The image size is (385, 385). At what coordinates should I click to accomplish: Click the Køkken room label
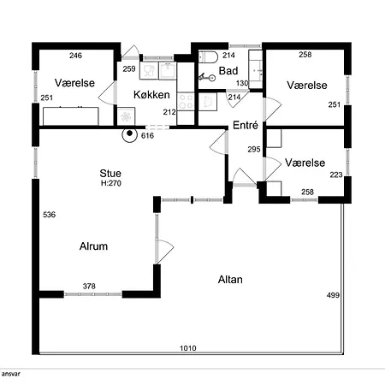tap(151, 95)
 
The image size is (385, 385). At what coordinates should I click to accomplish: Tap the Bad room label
tap(228, 71)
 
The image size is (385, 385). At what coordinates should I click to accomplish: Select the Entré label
tap(246, 125)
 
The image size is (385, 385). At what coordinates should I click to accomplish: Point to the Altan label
tap(230, 280)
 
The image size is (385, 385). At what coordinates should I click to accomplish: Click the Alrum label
tap(93, 246)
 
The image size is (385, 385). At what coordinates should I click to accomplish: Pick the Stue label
tap(110, 174)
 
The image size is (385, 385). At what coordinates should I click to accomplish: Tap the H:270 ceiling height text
tap(111, 183)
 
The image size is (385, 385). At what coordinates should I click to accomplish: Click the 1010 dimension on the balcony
tap(188, 348)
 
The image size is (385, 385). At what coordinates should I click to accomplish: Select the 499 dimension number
tap(333, 295)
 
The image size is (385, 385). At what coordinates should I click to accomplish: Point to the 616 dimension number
tap(147, 136)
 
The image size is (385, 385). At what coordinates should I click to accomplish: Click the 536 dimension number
tap(49, 215)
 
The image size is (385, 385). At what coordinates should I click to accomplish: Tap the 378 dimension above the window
tap(89, 286)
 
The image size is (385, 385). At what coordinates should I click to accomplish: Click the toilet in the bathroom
tap(208, 56)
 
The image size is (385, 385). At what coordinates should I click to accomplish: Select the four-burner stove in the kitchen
tap(186, 102)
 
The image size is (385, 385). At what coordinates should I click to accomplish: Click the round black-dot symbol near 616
tap(130, 133)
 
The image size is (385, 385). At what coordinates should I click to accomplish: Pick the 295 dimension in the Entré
tap(254, 149)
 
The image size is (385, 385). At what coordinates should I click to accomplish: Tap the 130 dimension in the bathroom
tap(242, 83)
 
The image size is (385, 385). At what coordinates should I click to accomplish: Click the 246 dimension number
tap(75, 56)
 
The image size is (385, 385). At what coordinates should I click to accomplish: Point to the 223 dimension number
tap(336, 175)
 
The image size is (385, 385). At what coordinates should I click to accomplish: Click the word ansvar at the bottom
tap(10, 374)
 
